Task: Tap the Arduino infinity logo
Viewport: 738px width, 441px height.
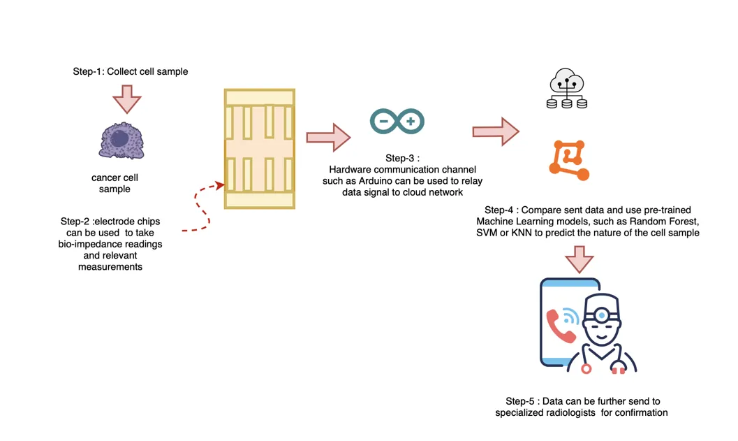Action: point(397,122)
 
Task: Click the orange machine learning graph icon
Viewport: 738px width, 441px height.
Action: point(569,161)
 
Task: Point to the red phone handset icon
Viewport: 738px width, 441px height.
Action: point(560,326)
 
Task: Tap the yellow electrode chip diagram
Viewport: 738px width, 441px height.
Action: point(259,148)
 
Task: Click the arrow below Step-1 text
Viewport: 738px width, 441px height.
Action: point(127,99)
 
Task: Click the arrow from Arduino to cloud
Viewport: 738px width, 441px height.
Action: point(495,131)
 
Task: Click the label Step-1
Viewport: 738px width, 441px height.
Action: point(87,72)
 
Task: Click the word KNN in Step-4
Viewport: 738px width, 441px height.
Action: point(522,233)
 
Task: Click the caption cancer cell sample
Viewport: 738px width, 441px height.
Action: point(115,183)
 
